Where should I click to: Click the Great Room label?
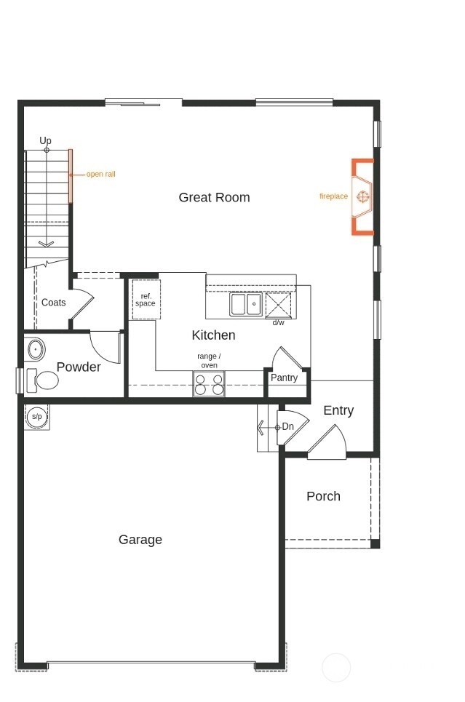click(x=214, y=197)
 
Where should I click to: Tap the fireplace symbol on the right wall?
click(x=363, y=196)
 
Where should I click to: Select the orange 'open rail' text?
click(x=100, y=175)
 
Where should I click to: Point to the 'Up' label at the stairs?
click(x=46, y=140)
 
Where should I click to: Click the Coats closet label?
click(x=53, y=303)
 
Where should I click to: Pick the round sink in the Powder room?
click(x=35, y=350)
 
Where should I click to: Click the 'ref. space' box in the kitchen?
click(x=146, y=300)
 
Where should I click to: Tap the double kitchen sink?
click(x=246, y=303)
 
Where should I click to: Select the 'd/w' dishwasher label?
click(x=278, y=322)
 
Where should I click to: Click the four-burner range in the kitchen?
click(x=209, y=384)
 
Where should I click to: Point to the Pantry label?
click(x=284, y=378)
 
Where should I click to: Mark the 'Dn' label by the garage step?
click(x=288, y=426)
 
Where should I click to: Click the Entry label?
click(x=338, y=410)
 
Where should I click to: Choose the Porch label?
click(x=323, y=496)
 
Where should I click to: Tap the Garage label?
click(x=140, y=540)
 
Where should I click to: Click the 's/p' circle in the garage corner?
click(x=36, y=417)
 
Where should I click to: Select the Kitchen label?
click(x=213, y=335)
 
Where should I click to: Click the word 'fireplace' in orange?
click(x=333, y=196)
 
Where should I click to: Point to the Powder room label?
click(x=79, y=367)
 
